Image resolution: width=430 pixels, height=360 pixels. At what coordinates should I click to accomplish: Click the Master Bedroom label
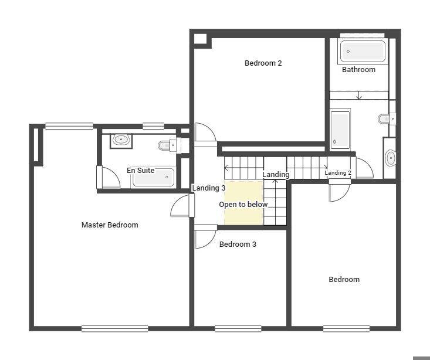[110, 225]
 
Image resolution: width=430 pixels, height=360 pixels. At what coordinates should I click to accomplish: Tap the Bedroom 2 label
[263, 63]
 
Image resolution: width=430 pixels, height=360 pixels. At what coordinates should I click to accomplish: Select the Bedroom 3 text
[238, 244]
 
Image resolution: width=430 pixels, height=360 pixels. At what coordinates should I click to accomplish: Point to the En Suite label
[140, 171]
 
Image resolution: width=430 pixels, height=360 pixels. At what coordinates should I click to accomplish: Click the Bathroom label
[358, 70]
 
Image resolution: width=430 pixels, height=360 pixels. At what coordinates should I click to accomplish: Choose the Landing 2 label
[338, 173]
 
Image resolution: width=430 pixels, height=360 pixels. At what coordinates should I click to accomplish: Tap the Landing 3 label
[209, 188]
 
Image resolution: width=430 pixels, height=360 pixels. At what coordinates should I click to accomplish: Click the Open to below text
[243, 205]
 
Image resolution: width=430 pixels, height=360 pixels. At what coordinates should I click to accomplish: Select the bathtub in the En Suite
[154, 177]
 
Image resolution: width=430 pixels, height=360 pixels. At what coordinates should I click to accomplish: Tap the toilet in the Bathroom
[387, 119]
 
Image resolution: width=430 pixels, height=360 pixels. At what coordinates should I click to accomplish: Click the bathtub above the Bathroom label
[363, 51]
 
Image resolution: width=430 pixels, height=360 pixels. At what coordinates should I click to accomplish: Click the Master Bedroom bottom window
[114, 328]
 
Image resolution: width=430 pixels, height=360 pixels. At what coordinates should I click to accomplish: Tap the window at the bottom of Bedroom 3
[238, 328]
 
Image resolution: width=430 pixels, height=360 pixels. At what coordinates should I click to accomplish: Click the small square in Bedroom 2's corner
[200, 39]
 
